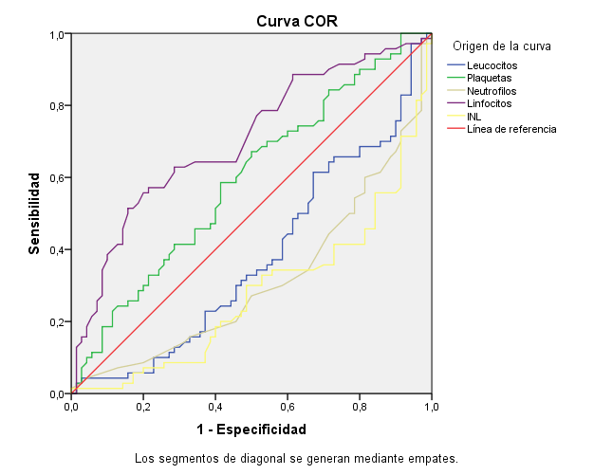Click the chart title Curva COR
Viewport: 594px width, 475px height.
(296, 20)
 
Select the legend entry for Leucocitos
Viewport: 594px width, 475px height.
(492, 64)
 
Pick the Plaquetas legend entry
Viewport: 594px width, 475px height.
(490, 78)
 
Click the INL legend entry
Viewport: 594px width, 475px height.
(474, 117)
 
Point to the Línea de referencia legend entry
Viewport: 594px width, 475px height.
(510, 129)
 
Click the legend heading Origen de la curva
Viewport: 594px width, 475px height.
(502, 46)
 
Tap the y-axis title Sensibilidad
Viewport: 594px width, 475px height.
(34, 213)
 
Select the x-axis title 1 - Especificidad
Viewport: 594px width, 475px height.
(251, 429)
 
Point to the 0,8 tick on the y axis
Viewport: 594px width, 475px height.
(58, 106)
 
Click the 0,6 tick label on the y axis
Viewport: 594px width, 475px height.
(58, 178)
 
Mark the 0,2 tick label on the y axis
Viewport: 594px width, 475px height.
(58, 322)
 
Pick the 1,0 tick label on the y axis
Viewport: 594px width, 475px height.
(58, 35)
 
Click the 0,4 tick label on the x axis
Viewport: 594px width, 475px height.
(215, 407)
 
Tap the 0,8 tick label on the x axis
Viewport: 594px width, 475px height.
(360, 407)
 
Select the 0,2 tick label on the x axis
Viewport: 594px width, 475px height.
(143, 407)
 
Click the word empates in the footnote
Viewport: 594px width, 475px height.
(434, 459)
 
